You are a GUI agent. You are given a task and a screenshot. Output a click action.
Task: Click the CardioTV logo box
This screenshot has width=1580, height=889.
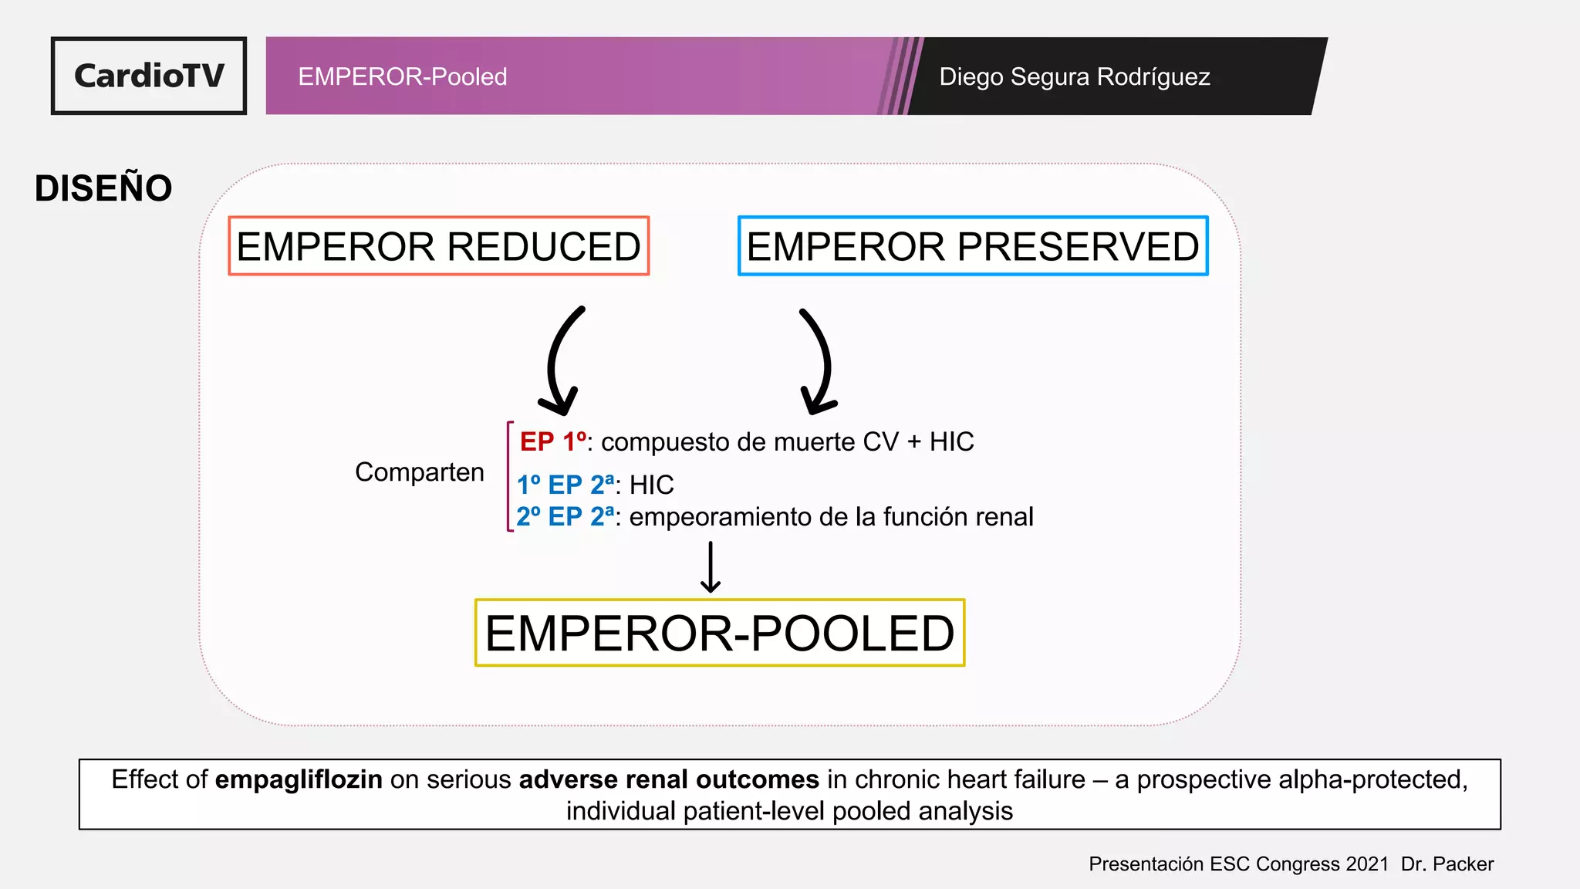(149, 76)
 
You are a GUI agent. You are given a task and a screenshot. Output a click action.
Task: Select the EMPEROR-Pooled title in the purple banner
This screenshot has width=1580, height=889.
(402, 76)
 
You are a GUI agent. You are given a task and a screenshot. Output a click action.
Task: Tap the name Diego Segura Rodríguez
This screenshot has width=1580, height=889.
(1074, 76)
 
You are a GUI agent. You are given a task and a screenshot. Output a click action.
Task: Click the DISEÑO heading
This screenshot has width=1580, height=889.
(103, 188)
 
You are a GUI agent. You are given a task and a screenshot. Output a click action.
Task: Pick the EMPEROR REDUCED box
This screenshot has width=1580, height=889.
(438, 246)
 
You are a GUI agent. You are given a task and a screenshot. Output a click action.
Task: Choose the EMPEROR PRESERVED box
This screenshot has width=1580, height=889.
(973, 246)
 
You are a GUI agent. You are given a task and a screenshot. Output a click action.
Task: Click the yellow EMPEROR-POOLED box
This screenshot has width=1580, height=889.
(719, 633)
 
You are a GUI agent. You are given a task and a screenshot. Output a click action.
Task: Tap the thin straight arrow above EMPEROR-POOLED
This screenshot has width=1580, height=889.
(711, 567)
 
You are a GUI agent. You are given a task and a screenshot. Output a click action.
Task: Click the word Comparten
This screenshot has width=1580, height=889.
(419, 472)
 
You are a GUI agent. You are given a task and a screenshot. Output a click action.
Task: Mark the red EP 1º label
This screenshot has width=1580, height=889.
(552, 441)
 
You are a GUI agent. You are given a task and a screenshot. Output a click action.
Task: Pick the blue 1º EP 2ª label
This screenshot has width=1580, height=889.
(565, 485)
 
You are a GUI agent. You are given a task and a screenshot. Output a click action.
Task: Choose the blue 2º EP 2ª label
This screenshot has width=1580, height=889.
(565, 516)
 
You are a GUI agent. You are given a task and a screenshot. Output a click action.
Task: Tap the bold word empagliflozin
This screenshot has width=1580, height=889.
(299, 779)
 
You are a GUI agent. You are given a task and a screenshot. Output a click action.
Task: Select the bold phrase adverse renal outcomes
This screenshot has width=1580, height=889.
(669, 779)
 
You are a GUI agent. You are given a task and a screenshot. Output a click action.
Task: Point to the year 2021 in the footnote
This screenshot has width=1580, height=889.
(1367, 864)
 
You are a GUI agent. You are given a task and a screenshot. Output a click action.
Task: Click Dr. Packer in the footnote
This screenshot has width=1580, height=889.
(1447, 864)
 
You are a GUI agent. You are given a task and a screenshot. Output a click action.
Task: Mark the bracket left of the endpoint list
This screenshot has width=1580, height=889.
(509, 476)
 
